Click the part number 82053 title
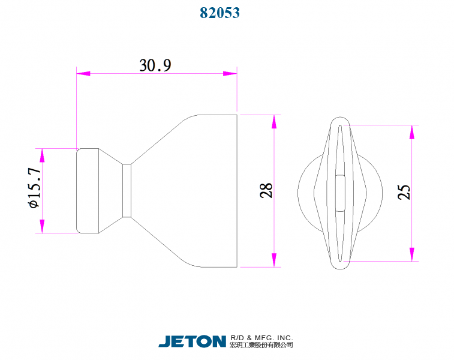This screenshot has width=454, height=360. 220,13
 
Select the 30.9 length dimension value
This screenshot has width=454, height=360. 155,65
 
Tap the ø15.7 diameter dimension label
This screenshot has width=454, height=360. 34,188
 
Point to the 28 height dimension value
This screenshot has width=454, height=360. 266,190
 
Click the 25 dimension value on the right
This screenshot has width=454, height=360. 404,192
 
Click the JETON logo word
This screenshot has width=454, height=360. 192,341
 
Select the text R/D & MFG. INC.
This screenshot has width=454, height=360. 261,338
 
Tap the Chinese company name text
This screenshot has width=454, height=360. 261,346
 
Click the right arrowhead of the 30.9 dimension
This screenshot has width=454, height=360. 230,74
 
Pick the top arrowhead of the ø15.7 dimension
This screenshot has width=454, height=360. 42,155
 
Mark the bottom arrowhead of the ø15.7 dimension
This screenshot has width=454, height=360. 42,226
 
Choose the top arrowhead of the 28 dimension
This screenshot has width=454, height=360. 274,122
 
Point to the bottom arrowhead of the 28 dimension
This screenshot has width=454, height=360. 274,260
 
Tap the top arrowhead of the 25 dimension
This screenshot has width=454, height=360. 412,132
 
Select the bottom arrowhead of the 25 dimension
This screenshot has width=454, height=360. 412,254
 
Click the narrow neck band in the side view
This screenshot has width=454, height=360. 127,190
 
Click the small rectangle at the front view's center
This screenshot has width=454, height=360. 339,193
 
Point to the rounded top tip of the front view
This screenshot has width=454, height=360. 340,117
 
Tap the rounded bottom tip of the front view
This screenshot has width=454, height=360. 340,267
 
